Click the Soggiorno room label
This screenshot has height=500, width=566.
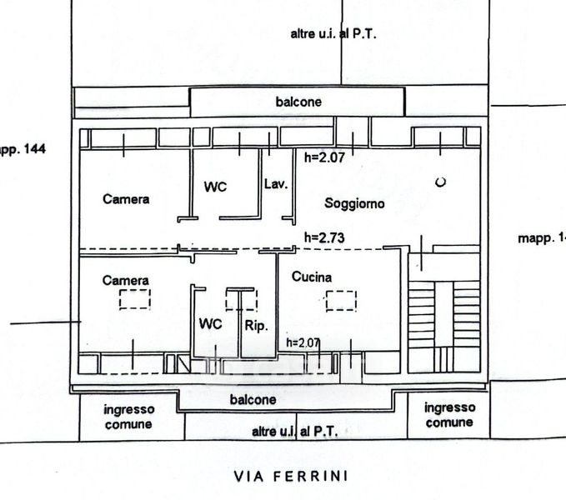354,203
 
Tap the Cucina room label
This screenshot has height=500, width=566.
312,277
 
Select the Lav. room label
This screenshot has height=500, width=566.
275,184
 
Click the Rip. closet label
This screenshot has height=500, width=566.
255,327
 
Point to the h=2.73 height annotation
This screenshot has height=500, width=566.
324,237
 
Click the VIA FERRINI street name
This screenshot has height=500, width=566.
290,477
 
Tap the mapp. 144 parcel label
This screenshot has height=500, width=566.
22,150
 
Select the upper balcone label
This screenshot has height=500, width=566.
298,102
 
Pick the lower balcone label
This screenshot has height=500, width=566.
253,400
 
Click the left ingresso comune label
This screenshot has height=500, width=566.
128,416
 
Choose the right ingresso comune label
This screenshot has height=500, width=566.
449,414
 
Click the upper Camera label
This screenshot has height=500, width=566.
126,199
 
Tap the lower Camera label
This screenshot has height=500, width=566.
126,281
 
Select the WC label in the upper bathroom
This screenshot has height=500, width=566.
216,187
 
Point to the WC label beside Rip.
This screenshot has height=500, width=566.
210,325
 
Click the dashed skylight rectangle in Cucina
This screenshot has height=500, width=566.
341,300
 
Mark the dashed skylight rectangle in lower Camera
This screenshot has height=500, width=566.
134,299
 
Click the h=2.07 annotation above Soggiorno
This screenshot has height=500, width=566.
324,155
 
